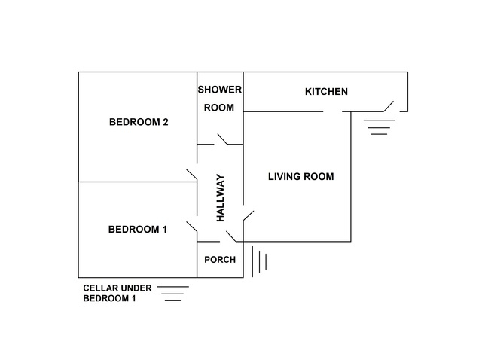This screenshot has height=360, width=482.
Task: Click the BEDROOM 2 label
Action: tap(139, 122)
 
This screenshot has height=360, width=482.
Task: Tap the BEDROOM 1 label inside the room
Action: tap(137, 230)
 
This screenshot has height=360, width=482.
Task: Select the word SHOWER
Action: tap(219, 90)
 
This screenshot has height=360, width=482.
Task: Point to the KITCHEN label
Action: tap(326, 92)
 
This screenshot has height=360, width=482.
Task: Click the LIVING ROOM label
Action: tap(301, 176)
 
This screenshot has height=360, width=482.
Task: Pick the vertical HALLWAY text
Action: tap(221, 198)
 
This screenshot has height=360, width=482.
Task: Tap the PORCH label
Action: tap(220, 260)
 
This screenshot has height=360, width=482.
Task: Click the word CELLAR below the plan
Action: tap(100, 288)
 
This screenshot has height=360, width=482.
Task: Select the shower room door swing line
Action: tap(222, 139)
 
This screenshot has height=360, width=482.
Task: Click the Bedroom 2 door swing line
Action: tap(192, 175)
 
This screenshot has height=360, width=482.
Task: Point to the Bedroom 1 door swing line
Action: tap(192, 227)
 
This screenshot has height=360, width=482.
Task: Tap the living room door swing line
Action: tap(249, 216)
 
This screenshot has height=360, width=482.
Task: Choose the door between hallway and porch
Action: tap(231, 236)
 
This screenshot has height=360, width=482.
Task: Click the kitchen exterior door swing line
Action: tap(389, 106)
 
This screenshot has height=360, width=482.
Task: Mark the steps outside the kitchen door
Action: tap(380, 127)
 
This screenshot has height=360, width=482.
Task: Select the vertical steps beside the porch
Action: tap(259, 261)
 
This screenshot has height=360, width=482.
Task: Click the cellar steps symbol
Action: tap(173, 294)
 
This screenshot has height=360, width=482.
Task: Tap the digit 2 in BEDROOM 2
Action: tap(166, 122)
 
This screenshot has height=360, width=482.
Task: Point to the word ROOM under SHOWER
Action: tap(219, 108)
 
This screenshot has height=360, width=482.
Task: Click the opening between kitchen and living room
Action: tap(333, 111)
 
